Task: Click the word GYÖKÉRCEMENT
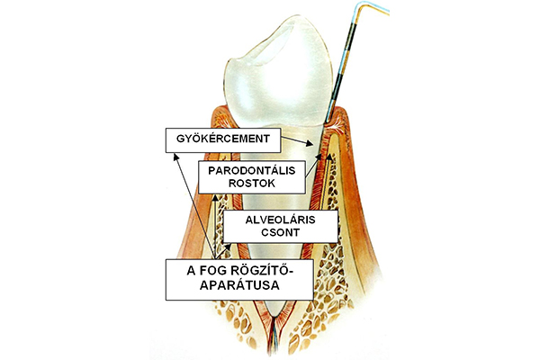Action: coord(223,139)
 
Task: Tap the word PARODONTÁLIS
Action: coord(252,170)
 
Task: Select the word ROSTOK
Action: coord(252,184)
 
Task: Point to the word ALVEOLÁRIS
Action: coord(280,220)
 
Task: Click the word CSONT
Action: coord(280,232)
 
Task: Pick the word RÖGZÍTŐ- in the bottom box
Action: coord(262,270)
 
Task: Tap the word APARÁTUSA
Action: coord(239,285)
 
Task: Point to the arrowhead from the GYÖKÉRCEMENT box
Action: coord(310,144)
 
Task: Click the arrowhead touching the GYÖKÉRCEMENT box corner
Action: coord(176,157)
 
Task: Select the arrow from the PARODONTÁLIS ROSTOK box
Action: coord(313,166)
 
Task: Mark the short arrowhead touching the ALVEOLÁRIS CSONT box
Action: coord(229,246)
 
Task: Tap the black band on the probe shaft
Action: coord(349,34)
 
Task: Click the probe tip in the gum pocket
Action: coord(328,121)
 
